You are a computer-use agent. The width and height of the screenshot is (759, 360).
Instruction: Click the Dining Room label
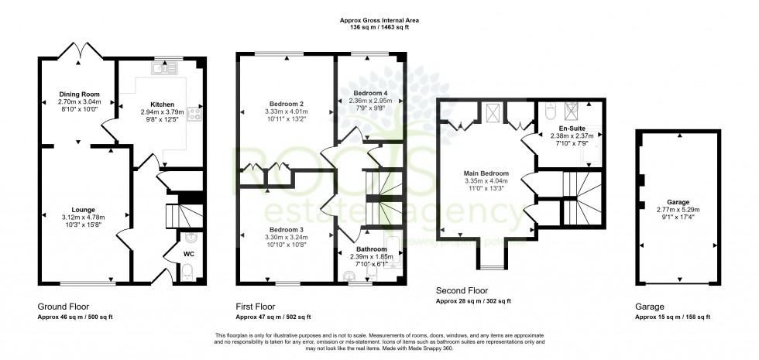tap(80, 94)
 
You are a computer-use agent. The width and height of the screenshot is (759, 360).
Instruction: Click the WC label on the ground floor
tap(188, 253)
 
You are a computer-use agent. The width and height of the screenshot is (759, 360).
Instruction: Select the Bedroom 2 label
tap(286, 104)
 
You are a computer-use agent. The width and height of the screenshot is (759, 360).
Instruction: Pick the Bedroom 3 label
tap(285, 230)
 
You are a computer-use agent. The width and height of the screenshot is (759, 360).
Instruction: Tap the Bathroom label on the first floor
tap(372, 249)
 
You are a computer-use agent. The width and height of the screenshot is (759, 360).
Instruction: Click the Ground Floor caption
tap(62, 306)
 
